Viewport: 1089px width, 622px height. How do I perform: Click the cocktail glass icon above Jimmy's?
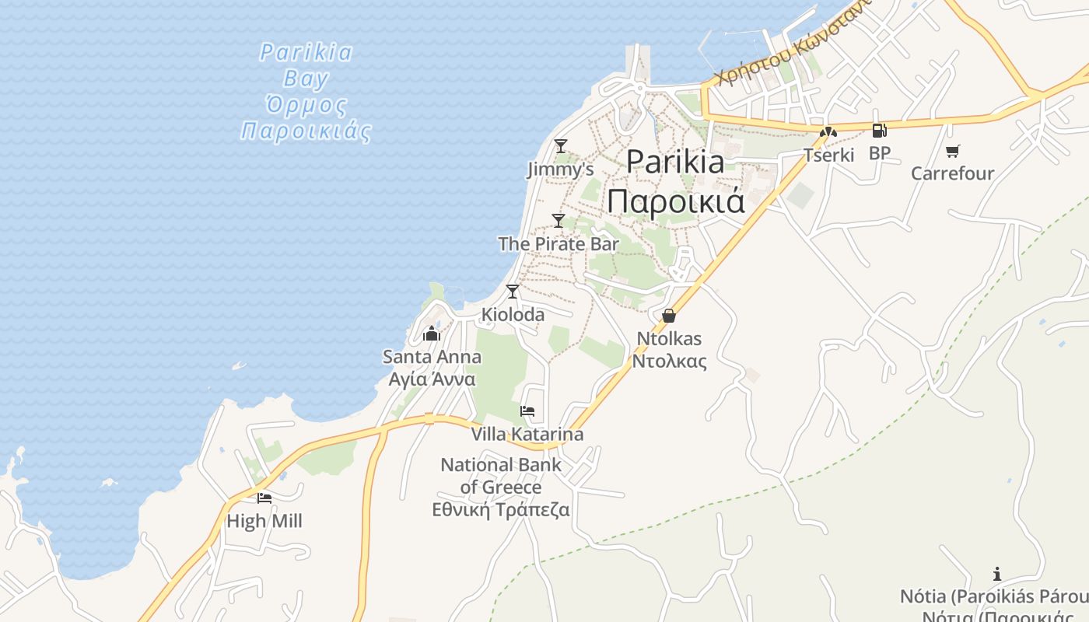point(560,145)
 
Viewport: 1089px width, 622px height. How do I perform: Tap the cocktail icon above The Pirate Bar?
point(559,220)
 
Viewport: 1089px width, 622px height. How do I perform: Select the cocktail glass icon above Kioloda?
point(512,292)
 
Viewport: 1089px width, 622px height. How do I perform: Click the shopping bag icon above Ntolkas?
point(668,316)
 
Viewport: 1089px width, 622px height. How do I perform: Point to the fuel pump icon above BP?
point(879,131)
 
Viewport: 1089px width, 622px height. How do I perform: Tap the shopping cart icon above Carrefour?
point(952,151)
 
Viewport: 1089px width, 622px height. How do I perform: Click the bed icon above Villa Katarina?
point(527,411)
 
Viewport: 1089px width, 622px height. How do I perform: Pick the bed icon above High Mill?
point(264,498)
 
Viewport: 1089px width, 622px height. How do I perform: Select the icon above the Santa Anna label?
point(432,334)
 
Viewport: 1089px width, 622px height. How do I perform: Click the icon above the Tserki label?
point(828,132)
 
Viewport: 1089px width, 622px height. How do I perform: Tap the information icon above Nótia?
point(997,575)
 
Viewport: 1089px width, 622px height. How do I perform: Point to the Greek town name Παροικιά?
point(676,201)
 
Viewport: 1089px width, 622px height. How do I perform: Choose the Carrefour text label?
point(952,173)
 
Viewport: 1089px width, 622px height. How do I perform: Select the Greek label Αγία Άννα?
point(432,379)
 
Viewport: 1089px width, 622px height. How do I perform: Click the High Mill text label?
point(264,521)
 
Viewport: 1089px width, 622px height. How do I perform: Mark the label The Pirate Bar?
point(559,243)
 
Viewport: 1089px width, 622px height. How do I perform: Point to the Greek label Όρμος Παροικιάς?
point(306,117)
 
